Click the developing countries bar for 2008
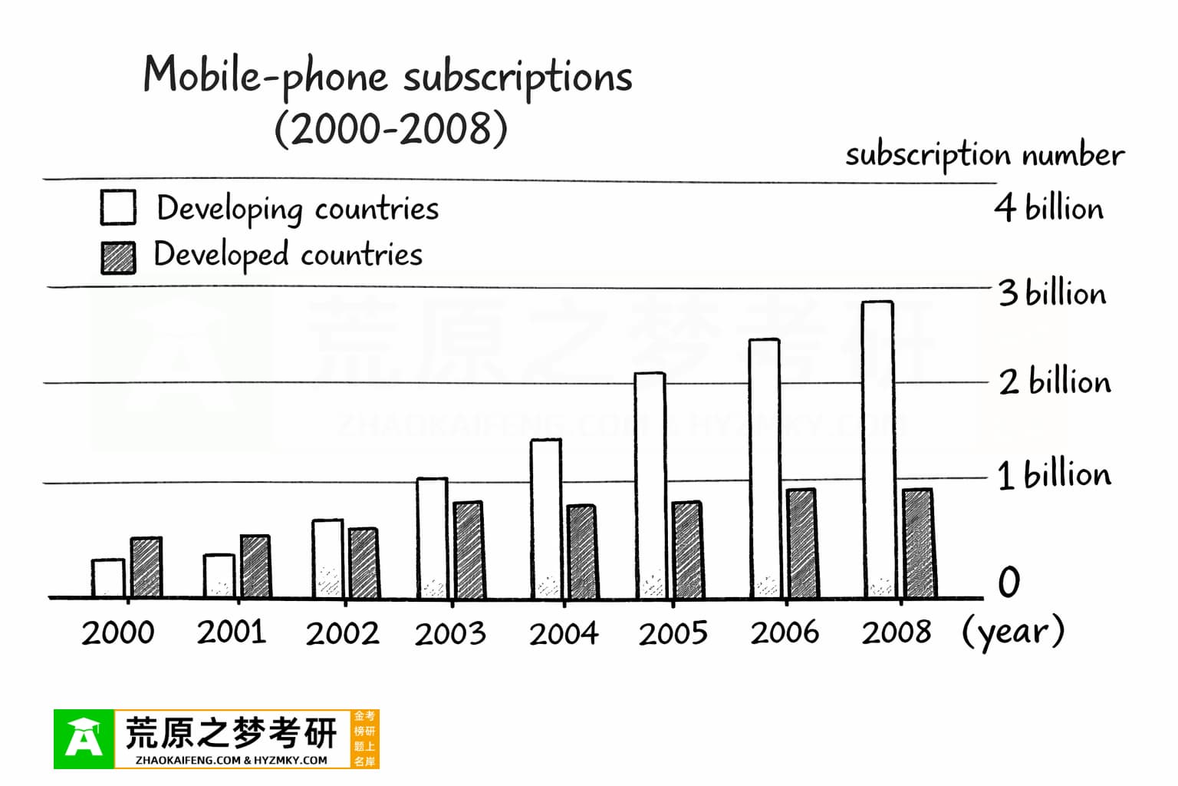click(877, 449)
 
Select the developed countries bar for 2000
click(146, 568)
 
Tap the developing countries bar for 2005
click(650, 485)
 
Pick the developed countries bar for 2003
click(468, 550)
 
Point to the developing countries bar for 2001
click(219, 576)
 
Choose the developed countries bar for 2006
click(801, 543)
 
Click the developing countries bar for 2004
click(546, 518)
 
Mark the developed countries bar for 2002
click(364, 563)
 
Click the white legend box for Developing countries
click(118, 207)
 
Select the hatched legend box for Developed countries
click(118, 258)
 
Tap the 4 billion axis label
click(1049, 208)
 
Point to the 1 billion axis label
click(1054, 475)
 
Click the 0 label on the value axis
click(1009, 583)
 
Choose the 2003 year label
click(450, 634)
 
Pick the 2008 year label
click(896, 632)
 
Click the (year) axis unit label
click(1013, 632)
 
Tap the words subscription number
click(985, 155)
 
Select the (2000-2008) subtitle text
click(391, 128)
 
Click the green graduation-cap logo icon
click(84, 739)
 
